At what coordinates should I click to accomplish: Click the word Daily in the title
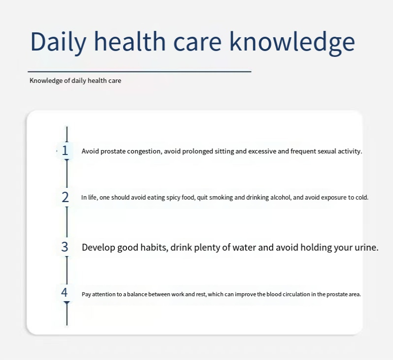pyautogui.click(x=58, y=42)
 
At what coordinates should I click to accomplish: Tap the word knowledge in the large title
pyautogui.click(x=292, y=42)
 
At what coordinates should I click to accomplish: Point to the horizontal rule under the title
pyautogui.click(x=139, y=72)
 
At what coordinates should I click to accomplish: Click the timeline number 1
pyautogui.click(x=65, y=151)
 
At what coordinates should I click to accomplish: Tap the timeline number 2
pyautogui.click(x=65, y=197)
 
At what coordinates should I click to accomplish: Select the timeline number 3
pyautogui.click(x=65, y=247)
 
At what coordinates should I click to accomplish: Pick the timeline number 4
pyautogui.click(x=64, y=292)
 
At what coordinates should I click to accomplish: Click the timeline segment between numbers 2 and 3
pyautogui.click(x=67, y=222)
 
